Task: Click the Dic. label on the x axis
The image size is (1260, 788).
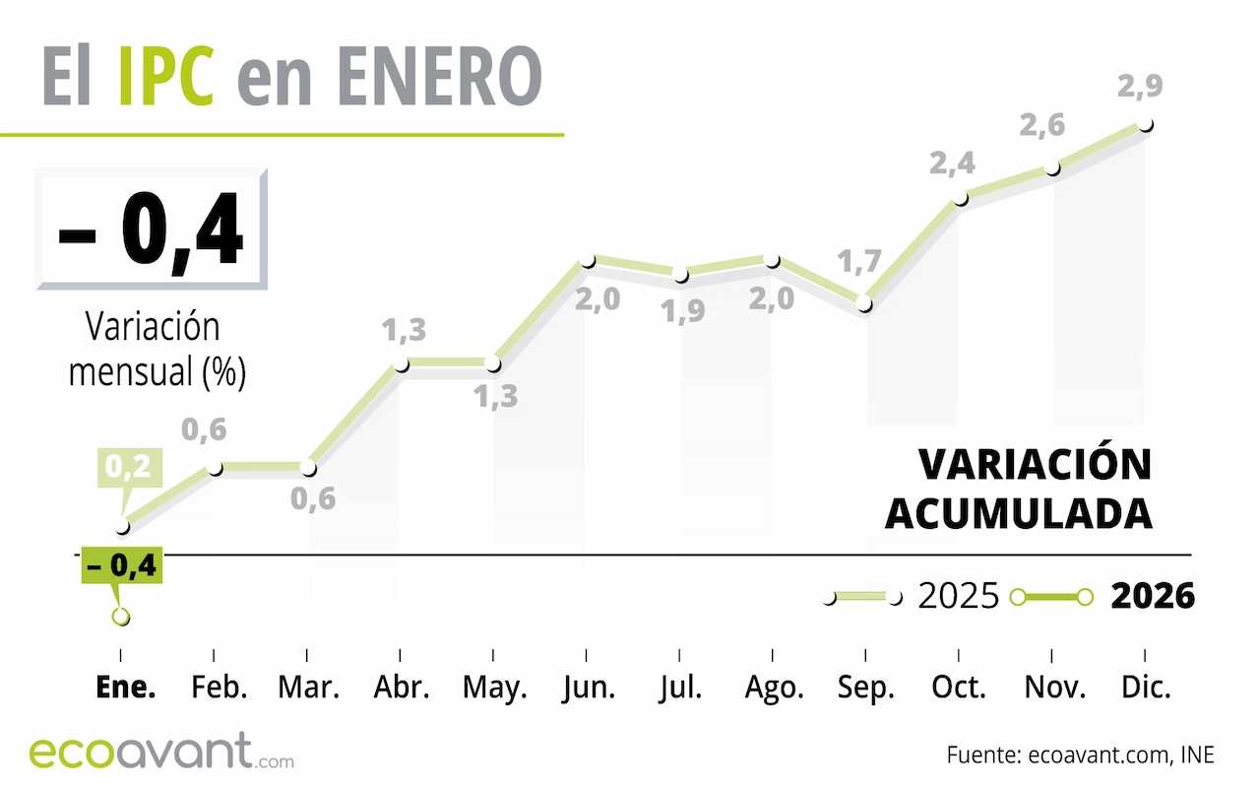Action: (1146, 688)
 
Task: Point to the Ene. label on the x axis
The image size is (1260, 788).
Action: (126, 688)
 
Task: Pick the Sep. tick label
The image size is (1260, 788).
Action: (866, 688)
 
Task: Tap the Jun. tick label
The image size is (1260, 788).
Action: (588, 688)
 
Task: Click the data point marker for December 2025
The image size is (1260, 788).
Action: (1145, 126)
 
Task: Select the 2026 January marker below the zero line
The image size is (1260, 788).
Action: (121, 618)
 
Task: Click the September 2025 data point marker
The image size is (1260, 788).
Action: (865, 304)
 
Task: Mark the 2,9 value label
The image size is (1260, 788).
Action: (1141, 86)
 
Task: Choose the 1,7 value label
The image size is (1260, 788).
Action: (858, 263)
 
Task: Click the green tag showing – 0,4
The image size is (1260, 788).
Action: (120, 567)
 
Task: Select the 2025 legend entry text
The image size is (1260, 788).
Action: (958, 597)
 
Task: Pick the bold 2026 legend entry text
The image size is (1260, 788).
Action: (1153, 597)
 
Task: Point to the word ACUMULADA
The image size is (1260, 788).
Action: (1019, 513)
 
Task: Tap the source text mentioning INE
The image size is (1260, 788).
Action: (1080, 755)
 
